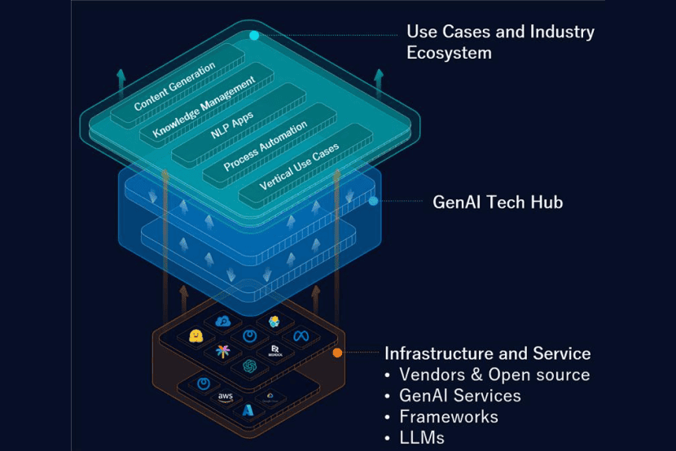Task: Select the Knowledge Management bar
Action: pyautogui.click(x=204, y=107)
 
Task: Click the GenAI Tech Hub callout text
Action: pyautogui.click(x=497, y=201)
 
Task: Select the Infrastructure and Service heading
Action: pyautogui.click(x=487, y=353)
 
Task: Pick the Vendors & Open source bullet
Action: pyautogui.click(x=494, y=374)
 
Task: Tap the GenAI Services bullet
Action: pyautogui.click(x=459, y=396)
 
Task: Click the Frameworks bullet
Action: pyautogui.click(x=448, y=417)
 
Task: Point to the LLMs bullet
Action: pyautogui.click(x=422, y=438)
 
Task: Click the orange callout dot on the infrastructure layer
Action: pyautogui.click(x=337, y=352)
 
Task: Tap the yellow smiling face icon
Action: pyautogui.click(x=195, y=337)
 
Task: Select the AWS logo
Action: pyautogui.click(x=225, y=396)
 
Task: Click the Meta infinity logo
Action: pyautogui.click(x=301, y=335)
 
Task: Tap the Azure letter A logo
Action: pyautogui.click(x=248, y=411)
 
